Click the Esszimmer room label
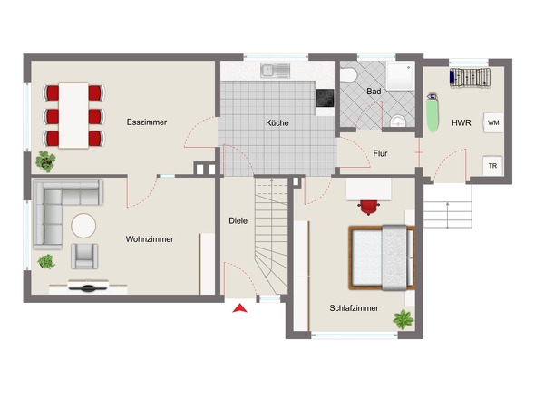[x=147, y=122]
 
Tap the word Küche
[x=277, y=123]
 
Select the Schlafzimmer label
[x=354, y=308]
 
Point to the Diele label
[x=238, y=221]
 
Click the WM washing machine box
[x=493, y=122]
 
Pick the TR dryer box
[x=492, y=166]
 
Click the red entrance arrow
[x=240, y=308]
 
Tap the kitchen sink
[x=276, y=71]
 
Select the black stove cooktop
[x=325, y=98]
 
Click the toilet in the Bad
[x=348, y=75]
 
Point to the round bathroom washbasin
[x=398, y=122]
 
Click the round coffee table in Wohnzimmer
[x=83, y=226]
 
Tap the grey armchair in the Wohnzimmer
[x=84, y=257]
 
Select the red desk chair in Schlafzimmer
[x=369, y=207]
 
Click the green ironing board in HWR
[x=433, y=113]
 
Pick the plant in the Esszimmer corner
[x=45, y=161]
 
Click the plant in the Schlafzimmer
[x=404, y=319]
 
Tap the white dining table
[x=73, y=115]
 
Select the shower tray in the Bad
[x=401, y=76]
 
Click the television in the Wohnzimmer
[x=88, y=287]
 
